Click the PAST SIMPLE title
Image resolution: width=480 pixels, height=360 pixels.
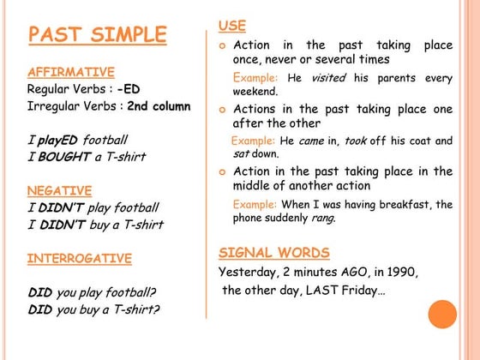(x=97, y=35)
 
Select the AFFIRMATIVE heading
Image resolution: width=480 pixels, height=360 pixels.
(x=70, y=72)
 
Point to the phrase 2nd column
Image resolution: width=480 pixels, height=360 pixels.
(x=159, y=107)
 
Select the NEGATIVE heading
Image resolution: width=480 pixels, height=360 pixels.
(x=60, y=190)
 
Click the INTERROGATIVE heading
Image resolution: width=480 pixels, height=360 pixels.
(x=79, y=258)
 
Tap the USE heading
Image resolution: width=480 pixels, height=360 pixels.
(x=231, y=26)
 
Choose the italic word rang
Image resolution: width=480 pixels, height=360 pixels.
(x=323, y=218)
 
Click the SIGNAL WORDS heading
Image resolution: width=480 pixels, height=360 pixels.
(x=273, y=252)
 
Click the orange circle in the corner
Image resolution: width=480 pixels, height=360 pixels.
(x=442, y=315)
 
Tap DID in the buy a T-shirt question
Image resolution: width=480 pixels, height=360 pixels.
(x=39, y=309)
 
